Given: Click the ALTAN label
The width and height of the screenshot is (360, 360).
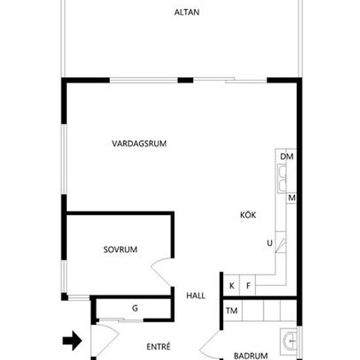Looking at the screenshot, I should (x=187, y=12).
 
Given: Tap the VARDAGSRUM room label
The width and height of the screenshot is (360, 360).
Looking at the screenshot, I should (x=139, y=143).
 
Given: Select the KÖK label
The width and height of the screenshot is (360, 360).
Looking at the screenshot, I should (x=248, y=213).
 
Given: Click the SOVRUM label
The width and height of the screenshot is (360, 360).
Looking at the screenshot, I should (x=120, y=249).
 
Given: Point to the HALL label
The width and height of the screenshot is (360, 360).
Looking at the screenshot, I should (x=196, y=296).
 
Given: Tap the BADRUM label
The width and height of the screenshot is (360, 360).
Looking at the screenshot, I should (x=251, y=356).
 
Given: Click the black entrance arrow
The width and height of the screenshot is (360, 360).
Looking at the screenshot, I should (x=71, y=340).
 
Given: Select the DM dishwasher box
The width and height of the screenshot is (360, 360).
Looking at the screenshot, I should (x=287, y=157).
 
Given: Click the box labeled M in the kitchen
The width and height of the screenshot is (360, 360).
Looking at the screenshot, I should (x=291, y=198).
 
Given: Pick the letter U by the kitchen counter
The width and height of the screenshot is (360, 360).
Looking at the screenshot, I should (x=269, y=243).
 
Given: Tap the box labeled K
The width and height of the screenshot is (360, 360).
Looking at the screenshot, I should (x=232, y=285).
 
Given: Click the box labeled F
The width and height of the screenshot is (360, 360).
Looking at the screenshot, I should (x=248, y=285).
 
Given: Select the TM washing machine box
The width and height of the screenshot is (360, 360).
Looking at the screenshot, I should (x=232, y=310).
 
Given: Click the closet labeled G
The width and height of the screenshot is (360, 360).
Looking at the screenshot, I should (x=134, y=308).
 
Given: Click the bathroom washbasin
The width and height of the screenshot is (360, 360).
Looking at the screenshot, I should (x=289, y=340).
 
